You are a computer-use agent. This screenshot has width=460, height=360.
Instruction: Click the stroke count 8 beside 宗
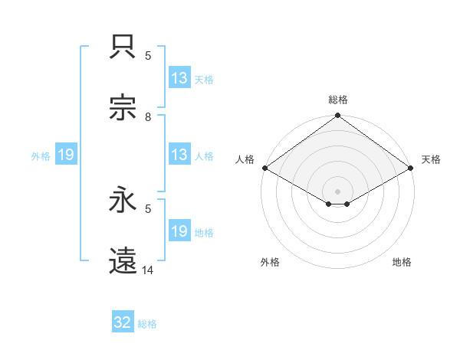tap(148, 117)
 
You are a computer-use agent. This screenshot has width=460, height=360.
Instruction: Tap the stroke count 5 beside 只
tap(148, 56)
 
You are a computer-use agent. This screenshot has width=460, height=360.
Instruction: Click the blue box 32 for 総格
tap(123, 322)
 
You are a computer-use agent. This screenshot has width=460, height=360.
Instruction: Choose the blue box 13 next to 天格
tap(179, 78)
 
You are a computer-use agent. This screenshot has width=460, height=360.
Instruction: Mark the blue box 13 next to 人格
tap(179, 155)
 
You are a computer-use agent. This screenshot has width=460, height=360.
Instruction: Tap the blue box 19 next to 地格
tap(179, 231)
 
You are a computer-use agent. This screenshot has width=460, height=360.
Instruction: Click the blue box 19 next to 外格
tap(66, 155)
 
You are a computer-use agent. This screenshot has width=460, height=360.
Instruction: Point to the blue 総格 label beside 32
tap(147, 324)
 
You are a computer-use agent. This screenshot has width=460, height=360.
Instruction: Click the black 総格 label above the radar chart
tap(338, 100)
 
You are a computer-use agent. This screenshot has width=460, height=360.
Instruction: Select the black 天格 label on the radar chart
tap(432, 159)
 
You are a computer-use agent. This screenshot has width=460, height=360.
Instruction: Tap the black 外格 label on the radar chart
tap(270, 262)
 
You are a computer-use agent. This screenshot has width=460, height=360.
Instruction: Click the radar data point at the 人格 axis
tap(264, 168)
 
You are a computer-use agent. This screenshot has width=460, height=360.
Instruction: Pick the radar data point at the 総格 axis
tap(338, 116)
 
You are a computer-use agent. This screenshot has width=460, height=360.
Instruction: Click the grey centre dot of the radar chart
tap(338, 191)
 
